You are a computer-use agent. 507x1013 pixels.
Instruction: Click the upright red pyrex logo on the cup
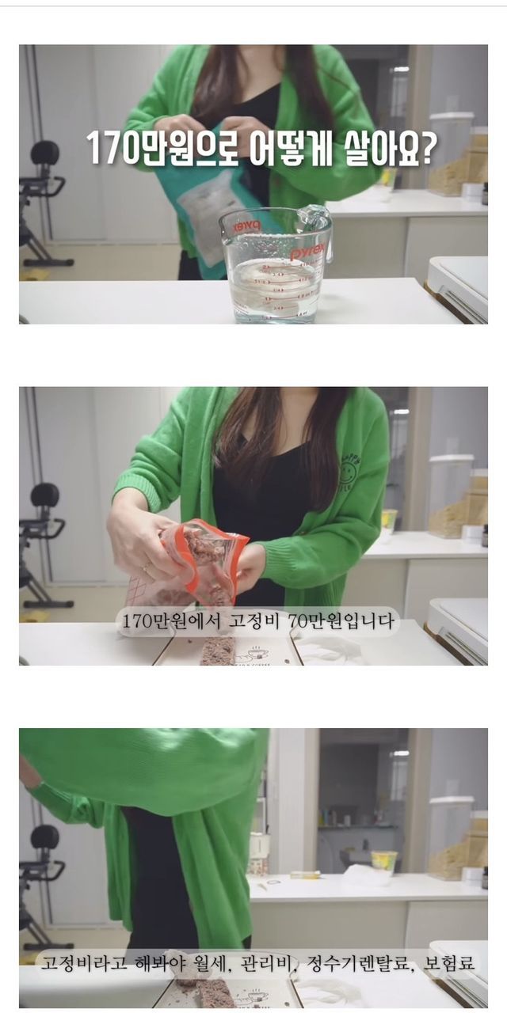pos(308,252)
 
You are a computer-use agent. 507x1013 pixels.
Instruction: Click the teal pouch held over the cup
pos(195,199)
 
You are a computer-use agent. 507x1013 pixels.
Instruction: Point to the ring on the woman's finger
pos(146,566)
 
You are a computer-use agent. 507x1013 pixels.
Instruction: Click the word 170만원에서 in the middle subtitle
pos(170,621)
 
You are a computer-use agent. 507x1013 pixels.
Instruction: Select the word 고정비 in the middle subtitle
pos(253,621)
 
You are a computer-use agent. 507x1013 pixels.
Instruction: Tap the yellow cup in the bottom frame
pos(384,858)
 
